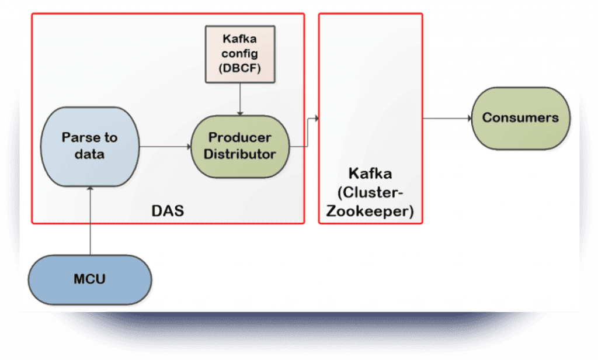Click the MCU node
(x=90, y=278)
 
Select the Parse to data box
(x=89, y=146)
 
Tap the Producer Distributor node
(x=240, y=146)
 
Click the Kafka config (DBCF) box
(x=240, y=53)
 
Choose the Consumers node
(x=520, y=117)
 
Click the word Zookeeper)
(x=370, y=211)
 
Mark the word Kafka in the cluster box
(x=370, y=174)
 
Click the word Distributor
(x=240, y=154)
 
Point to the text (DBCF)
(x=240, y=67)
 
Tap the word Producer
(x=240, y=138)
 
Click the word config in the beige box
(x=240, y=53)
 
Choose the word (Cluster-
(x=370, y=192)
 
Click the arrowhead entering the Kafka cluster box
(x=317, y=119)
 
